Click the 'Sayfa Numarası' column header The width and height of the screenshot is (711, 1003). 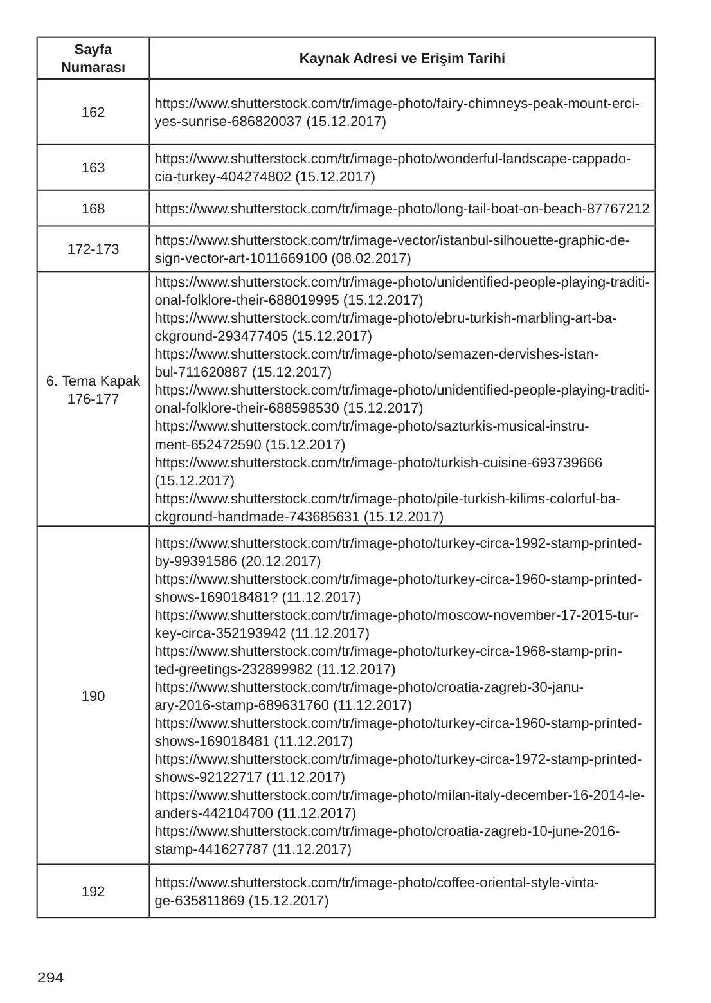point(93,59)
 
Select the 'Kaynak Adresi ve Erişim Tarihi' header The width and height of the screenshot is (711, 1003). point(402,59)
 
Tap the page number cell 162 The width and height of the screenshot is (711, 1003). point(93,113)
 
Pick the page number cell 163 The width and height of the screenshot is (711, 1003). point(93,168)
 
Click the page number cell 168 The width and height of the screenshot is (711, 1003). point(93,209)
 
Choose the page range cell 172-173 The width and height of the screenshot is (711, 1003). point(93,249)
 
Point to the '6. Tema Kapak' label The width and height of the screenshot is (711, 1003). point(93,381)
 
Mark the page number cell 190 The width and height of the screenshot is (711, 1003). point(93,696)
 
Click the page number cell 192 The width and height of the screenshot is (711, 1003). point(93,891)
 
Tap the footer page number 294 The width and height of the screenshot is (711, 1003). point(51,978)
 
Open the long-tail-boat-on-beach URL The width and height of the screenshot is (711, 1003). point(402,209)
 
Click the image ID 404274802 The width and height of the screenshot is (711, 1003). point(255,177)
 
